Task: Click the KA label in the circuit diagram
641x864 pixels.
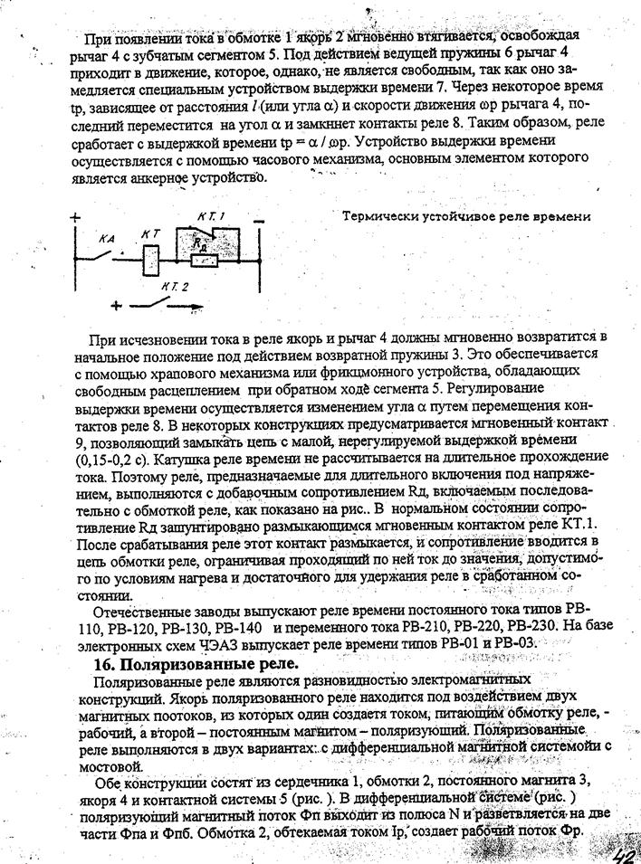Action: [x=108, y=238]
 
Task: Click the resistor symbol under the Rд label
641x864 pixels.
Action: [x=206, y=261]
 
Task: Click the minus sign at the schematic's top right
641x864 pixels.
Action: [x=259, y=220]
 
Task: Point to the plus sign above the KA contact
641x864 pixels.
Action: [x=74, y=218]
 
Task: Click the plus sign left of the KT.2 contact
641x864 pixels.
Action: [x=116, y=306]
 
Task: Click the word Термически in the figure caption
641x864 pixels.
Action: [x=384, y=216]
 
